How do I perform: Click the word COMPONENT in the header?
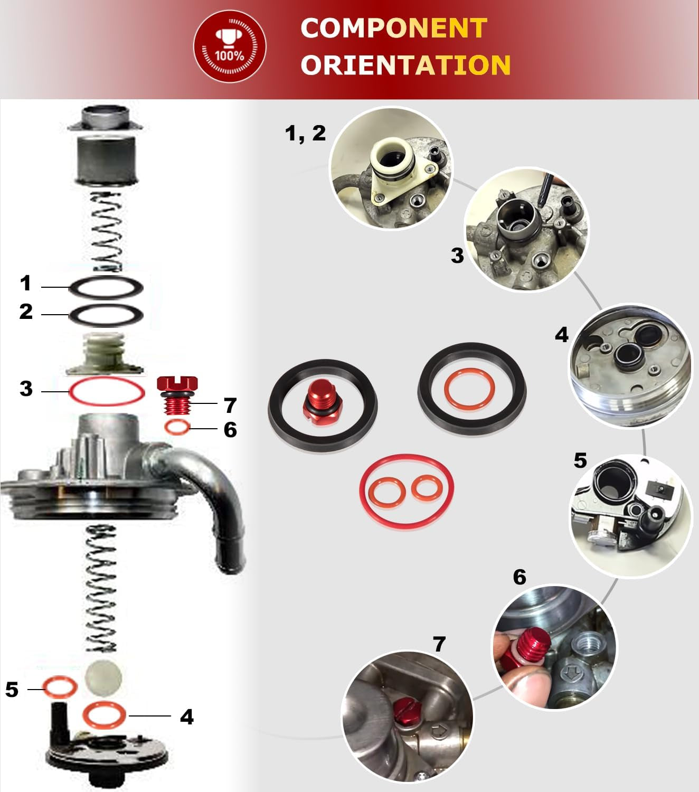click(394, 28)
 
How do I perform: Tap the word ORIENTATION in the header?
click(405, 64)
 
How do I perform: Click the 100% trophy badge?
click(230, 46)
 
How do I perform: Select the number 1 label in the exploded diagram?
click(26, 282)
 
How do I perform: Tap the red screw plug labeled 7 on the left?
click(177, 395)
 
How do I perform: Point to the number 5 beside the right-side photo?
click(580, 460)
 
